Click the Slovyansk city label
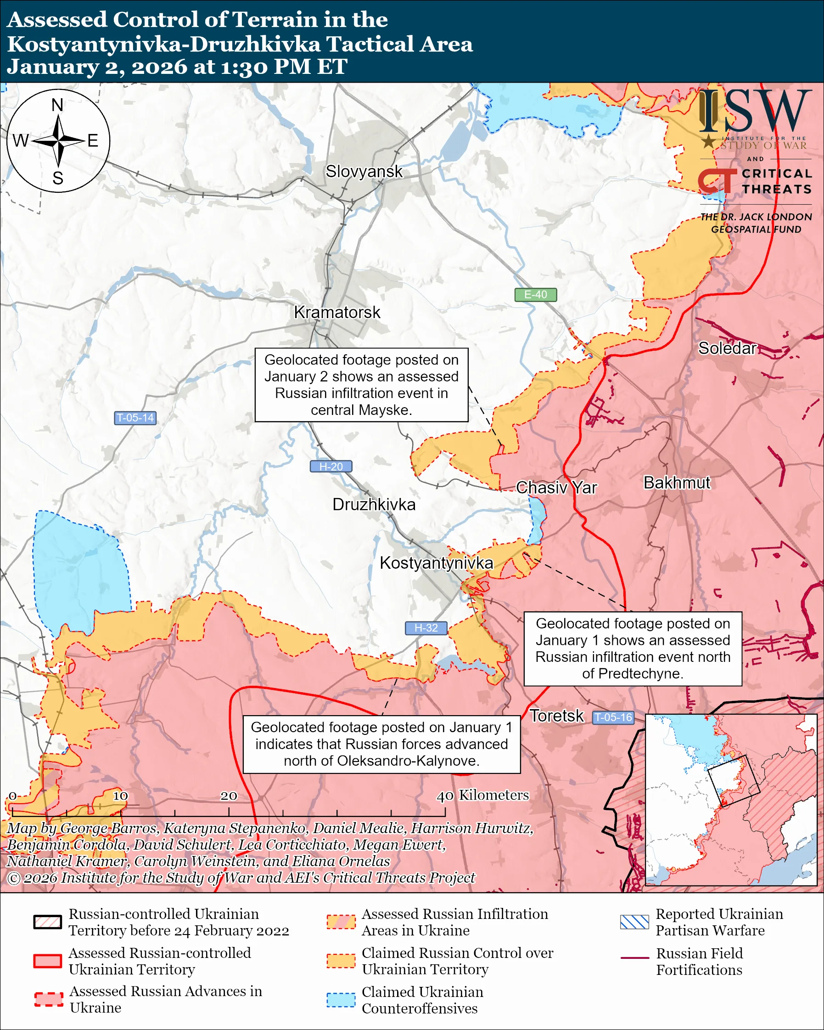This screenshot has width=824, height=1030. tap(364, 172)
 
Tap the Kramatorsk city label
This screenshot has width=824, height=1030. tap(337, 313)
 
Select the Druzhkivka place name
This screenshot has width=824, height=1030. tap(374, 504)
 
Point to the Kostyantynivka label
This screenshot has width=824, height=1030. tap(436, 563)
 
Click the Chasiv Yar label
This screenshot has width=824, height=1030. tap(556, 488)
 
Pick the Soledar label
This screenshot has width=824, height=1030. tap(727, 348)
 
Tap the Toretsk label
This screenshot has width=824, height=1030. tap(556, 716)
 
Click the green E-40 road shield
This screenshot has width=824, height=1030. tap(535, 295)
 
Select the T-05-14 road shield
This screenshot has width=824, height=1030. tap(135, 418)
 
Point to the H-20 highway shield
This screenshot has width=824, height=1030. tap(331, 466)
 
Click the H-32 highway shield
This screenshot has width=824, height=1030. tap(426, 628)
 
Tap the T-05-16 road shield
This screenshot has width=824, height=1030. tap(613, 717)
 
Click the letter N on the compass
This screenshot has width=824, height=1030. tap(57, 105)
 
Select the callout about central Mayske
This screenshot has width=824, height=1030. tap(361, 385)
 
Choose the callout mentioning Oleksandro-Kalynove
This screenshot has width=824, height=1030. tap(381, 744)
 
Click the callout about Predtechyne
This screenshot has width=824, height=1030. tap(633, 648)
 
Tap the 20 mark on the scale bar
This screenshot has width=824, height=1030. tap(228, 796)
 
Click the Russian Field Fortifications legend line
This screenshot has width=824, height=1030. tap(634, 958)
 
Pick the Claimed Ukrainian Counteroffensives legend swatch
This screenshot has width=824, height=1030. tap(341, 999)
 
